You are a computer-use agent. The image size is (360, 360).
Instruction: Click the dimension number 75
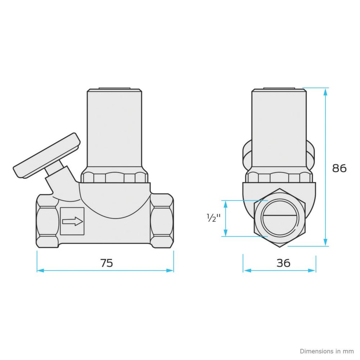(x=107, y=263)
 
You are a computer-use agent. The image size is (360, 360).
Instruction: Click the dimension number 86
(x=339, y=168)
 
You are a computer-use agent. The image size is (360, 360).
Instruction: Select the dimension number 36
(x=283, y=263)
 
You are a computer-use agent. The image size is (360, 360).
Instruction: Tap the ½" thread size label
(x=213, y=218)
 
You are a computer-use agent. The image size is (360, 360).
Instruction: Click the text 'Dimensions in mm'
(x=327, y=351)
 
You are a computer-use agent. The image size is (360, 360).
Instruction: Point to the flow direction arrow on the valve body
(x=73, y=221)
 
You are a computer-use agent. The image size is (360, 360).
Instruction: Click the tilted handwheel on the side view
(x=46, y=156)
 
